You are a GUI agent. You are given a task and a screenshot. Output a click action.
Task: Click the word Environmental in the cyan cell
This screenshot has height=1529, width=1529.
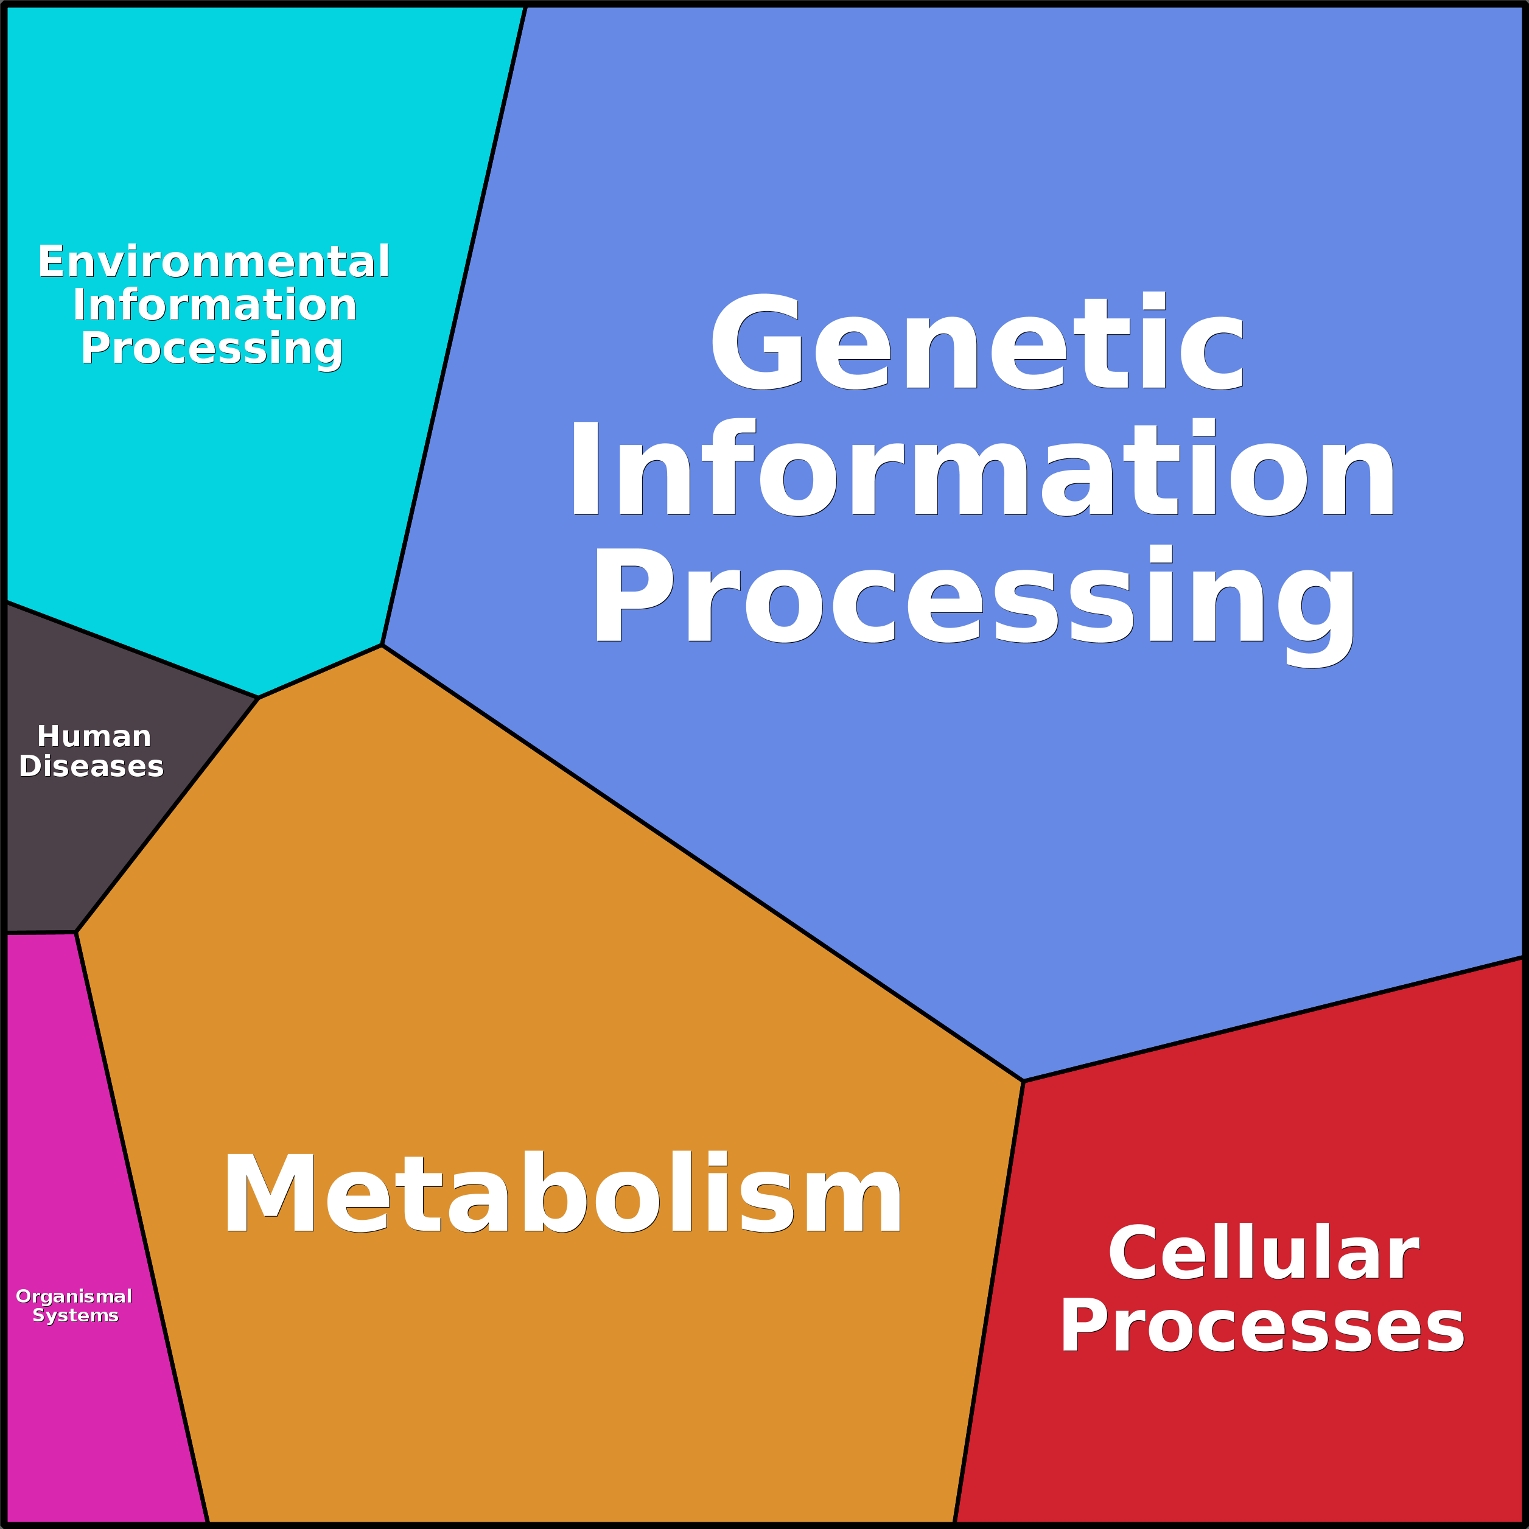pos(214,262)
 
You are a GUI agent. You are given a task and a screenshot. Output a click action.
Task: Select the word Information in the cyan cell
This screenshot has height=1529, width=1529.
pos(214,306)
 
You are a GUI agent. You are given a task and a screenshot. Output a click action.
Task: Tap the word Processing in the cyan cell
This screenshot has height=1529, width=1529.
pos(211,349)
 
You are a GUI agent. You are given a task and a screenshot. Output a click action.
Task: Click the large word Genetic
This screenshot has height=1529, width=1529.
pos(978,342)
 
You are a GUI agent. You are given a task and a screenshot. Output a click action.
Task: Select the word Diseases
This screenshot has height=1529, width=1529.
pos(91,766)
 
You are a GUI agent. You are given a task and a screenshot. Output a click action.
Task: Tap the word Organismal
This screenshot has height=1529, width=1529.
pos(74,1296)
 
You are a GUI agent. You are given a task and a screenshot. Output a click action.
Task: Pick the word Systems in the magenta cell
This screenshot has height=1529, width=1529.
pos(75,1315)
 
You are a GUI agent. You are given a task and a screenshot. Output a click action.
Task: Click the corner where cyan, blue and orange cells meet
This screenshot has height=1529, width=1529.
pos(382,645)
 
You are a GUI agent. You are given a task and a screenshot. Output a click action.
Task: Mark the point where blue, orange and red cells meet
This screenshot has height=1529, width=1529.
pos(1023,1081)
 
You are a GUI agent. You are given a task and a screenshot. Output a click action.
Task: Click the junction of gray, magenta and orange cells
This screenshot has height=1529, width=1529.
pos(76,932)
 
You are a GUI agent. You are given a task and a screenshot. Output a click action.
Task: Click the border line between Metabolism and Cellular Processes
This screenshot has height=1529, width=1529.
pos(989,1298)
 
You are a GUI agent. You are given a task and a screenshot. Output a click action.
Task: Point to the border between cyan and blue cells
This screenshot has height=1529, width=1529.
pos(454,324)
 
